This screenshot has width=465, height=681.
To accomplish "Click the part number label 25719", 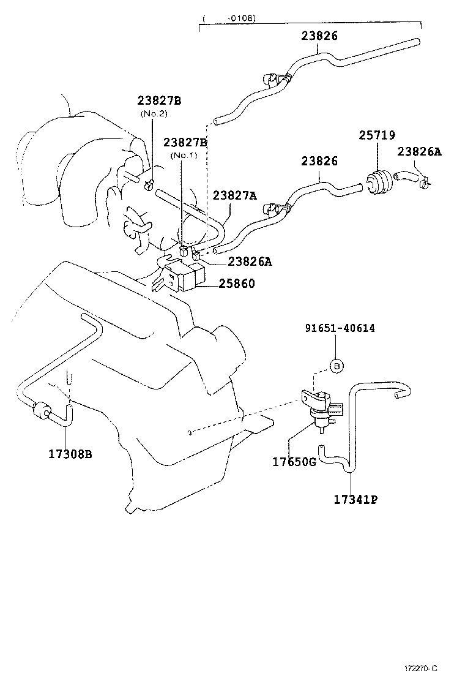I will point(377,135).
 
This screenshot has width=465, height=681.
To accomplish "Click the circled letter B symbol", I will point(337,366).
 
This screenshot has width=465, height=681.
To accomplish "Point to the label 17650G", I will point(294,462).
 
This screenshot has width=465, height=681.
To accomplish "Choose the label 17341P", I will point(355,499).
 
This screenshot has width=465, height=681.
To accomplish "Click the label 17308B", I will point(70,454).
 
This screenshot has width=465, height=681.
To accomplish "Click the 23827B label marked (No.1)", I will point(185,143).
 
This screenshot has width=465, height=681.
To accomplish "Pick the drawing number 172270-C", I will point(420,668).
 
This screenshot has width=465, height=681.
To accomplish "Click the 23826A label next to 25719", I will point(419,151).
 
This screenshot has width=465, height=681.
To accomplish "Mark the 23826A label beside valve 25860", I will point(250,261).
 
